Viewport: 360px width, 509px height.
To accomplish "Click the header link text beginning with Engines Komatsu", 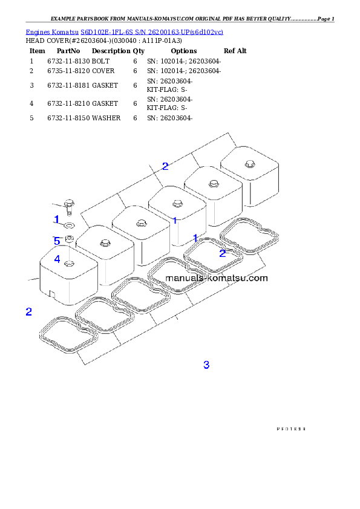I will pyautogui.click(x=124, y=31).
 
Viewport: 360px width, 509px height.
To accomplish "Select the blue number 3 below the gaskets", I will pyautogui.click(x=206, y=365).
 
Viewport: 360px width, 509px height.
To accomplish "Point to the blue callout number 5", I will pyautogui.click(x=57, y=241).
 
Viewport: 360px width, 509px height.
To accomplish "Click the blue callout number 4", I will pyautogui.click(x=57, y=259).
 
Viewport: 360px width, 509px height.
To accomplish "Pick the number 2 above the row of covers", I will pyautogui.click(x=165, y=166).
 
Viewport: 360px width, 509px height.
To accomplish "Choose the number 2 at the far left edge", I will pyautogui.click(x=28, y=312).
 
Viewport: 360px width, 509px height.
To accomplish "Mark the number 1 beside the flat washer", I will pyautogui.click(x=56, y=219).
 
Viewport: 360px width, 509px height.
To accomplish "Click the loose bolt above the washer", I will pyautogui.click(x=68, y=206).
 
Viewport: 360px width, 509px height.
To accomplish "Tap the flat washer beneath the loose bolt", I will pyautogui.click(x=69, y=225).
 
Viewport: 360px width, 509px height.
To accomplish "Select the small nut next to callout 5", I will pyautogui.click(x=69, y=238).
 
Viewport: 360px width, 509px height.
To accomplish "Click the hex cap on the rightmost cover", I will pyautogui.click(x=249, y=164).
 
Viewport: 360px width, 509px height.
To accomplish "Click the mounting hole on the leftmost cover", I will pyautogui.click(x=69, y=264).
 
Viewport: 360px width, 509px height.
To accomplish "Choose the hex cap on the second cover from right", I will pyautogui.click(x=212, y=184).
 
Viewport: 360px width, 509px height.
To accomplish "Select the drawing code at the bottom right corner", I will pyautogui.click(x=290, y=427).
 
